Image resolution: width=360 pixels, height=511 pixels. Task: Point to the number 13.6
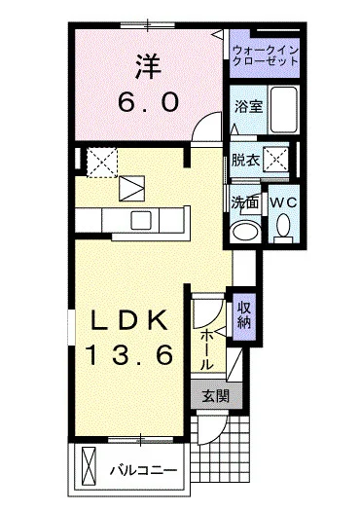coord(134,355)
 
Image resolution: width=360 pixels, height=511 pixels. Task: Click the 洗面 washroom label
coord(243,203)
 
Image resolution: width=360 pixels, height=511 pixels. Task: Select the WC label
coord(282,202)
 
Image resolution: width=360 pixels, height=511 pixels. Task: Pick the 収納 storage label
coord(244,314)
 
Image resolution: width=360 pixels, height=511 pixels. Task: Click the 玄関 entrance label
coord(215,396)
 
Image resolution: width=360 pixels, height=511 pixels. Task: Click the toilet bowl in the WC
coord(283,226)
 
